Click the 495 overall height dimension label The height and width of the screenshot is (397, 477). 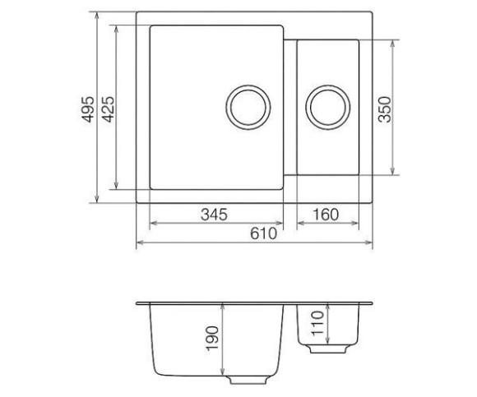tap(88, 109)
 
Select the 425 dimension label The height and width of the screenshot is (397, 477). tap(108, 109)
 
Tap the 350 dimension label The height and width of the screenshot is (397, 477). tap(385, 109)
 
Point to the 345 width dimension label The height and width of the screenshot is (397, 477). tap(214, 215)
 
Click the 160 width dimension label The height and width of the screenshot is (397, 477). tap(326, 215)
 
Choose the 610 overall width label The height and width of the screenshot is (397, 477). tap(264, 233)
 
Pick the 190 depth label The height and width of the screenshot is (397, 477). tap(212, 339)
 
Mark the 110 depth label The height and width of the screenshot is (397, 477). tap(317, 323)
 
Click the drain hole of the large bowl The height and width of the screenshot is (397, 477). tap(248, 108)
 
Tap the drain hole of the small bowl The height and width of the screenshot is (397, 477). tap(328, 108)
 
